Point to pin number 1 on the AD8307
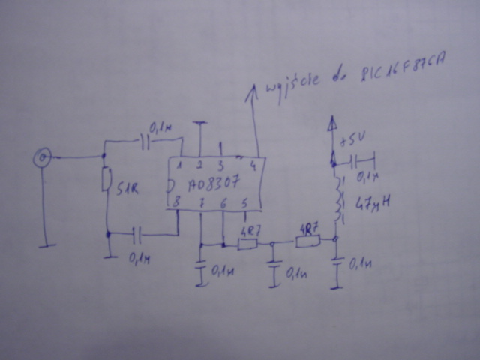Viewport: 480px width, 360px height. click(x=180, y=166)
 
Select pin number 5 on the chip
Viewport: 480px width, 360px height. click(x=244, y=201)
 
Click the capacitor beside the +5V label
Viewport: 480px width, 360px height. click(x=356, y=160)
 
